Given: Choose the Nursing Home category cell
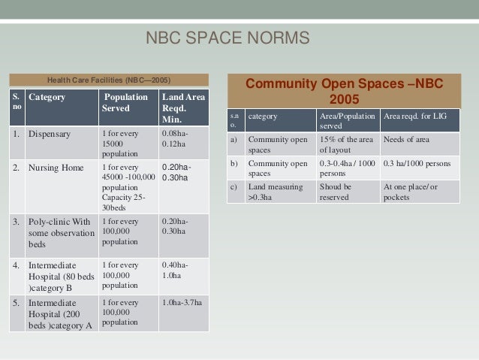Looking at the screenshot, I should (56, 168).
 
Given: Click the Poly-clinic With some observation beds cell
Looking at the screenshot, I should (60, 233).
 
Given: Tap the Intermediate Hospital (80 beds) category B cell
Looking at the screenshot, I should (60, 276).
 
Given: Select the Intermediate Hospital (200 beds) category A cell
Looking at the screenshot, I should (60, 314).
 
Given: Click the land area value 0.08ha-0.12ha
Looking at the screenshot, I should (176, 138).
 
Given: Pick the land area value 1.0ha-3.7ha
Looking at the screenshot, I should (182, 303).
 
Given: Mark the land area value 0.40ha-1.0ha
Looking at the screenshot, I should (176, 270).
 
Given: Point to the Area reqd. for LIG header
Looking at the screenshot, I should (417, 117).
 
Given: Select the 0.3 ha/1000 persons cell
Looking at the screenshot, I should (417, 164).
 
